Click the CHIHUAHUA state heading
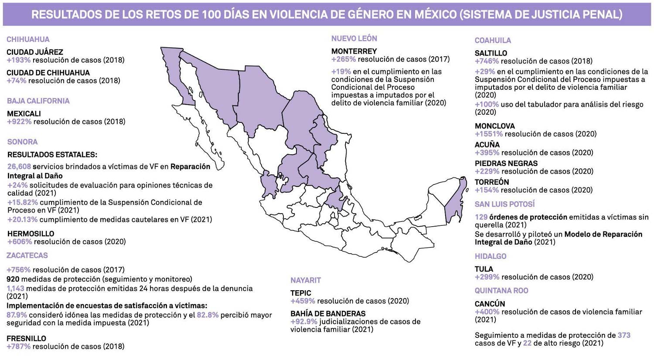(28, 39)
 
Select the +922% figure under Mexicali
(19, 122)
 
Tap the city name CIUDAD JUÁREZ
(35, 52)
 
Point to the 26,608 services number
(19, 166)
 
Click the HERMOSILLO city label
(31, 234)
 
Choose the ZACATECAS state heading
(27, 255)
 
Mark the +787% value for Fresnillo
(19, 346)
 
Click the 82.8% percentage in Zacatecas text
(208, 315)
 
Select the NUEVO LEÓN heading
(354, 38)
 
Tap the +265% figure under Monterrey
(344, 59)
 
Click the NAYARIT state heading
(306, 280)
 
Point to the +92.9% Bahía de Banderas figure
(304, 322)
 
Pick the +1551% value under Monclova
(489, 134)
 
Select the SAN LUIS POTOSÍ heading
(504, 204)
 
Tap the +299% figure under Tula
(487, 277)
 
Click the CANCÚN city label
(490, 304)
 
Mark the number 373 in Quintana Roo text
(624, 335)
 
